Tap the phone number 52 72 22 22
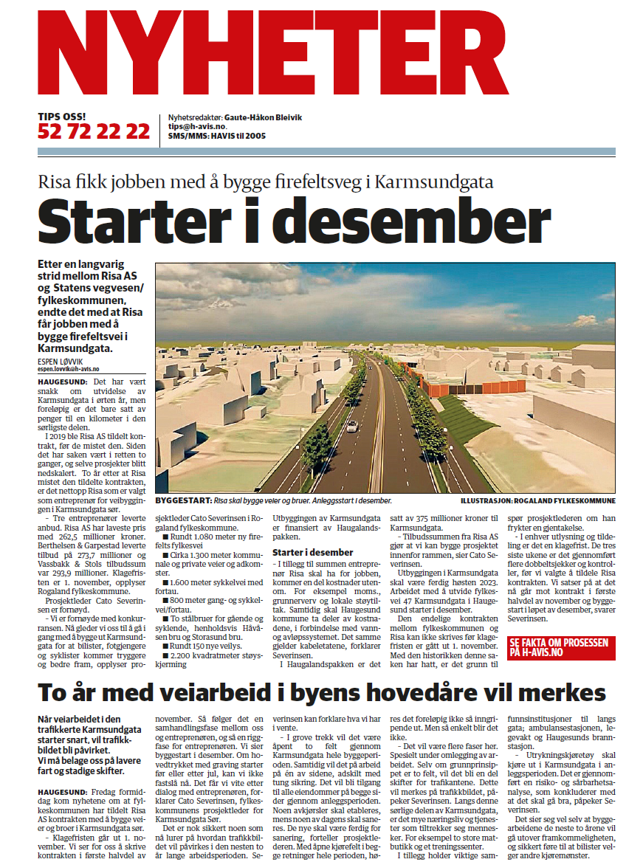tap(94, 132)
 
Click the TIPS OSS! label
tap(62, 117)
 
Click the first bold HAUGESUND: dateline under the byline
tap(63, 381)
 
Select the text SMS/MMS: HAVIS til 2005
tap(217, 136)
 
